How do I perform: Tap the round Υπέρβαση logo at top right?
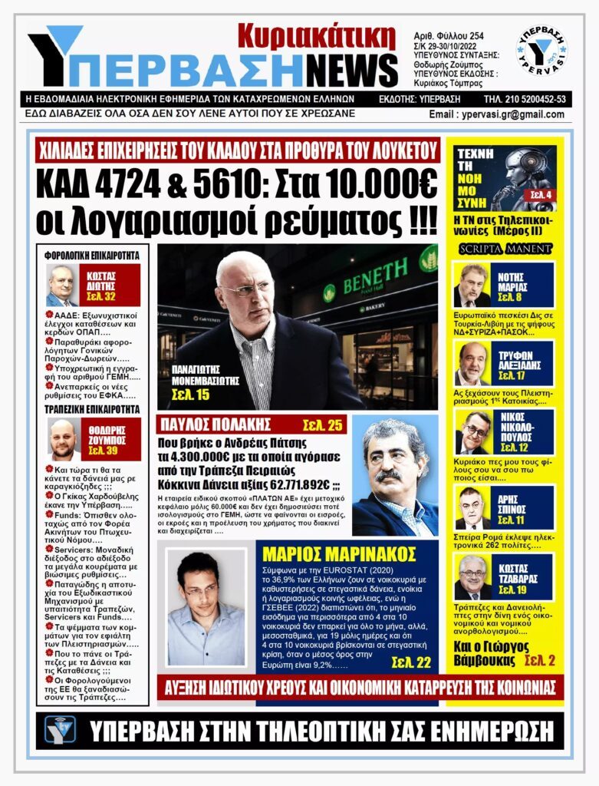(542, 51)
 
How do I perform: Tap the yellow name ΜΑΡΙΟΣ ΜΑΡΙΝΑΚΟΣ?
(338, 553)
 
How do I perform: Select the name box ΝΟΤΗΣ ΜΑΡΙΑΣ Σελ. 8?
(522, 285)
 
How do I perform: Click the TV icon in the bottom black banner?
(60, 729)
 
